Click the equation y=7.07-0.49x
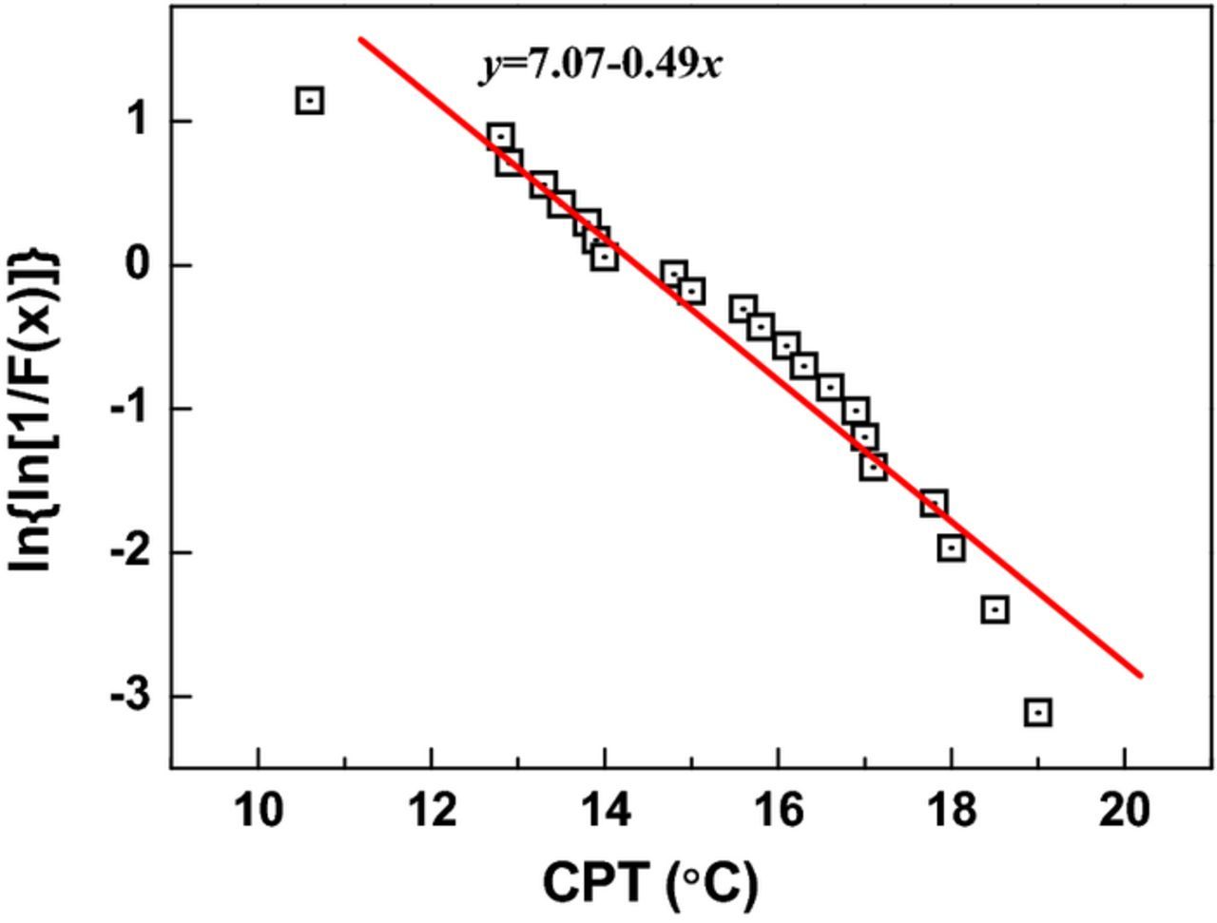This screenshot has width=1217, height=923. pyautogui.click(x=600, y=66)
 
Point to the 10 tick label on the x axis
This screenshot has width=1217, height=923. pyautogui.click(x=258, y=811)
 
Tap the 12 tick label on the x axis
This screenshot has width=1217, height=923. pyautogui.click(x=432, y=811)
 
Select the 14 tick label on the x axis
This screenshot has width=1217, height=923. pyautogui.click(x=605, y=811)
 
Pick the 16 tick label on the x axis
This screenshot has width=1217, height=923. pyautogui.click(x=778, y=811)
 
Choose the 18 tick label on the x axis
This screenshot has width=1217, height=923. pyautogui.click(x=951, y=811)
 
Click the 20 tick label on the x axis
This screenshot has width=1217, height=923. pyautogui.click(x=1125, y=811)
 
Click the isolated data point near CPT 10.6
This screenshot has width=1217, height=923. pyautogui.click(x=310, y=100)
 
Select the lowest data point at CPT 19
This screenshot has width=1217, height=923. pyautogui.click(x=1038, y=712)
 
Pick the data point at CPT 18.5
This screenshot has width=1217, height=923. pyautogui.click(x=995, y=609)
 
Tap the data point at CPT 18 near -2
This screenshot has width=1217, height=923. pyautogui.click(x=952, y=548)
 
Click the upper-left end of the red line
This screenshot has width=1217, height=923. pyautogui.click(x=360, y=39)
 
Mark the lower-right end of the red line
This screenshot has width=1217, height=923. pyautogui.click(x=1140, y=676)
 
